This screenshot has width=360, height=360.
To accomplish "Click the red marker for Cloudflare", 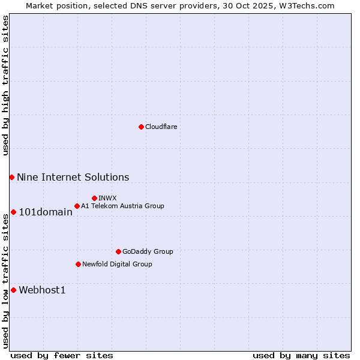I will [141, 127].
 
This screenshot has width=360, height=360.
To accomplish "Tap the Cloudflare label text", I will [161, 127].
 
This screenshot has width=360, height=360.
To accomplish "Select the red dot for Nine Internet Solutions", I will [11, 177].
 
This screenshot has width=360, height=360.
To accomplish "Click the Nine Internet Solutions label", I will [73, 177].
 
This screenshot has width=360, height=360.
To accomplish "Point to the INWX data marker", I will [94, 198].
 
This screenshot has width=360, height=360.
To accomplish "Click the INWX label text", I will [107, 198].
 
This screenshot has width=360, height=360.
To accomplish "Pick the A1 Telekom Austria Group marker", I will [77, 206].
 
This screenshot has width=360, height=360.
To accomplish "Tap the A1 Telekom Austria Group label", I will [122, 206].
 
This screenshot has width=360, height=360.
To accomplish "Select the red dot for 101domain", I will [13, 212].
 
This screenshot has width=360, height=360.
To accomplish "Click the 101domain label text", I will [46, 212].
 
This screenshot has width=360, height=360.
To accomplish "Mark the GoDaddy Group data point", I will [118, 251].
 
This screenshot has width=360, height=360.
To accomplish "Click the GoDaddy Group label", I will [148, 251].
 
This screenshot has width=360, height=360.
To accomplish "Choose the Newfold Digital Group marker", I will [78, 264].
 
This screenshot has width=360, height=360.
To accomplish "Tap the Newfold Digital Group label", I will [117, 264].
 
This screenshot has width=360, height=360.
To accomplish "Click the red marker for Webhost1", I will [13, 290].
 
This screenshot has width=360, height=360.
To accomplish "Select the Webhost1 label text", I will [42, 290].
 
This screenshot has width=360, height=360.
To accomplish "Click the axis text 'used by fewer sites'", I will [62, 355].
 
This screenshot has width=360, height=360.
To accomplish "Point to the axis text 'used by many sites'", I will [301, 355].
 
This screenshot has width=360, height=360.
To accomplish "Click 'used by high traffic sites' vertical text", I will [5, 85].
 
